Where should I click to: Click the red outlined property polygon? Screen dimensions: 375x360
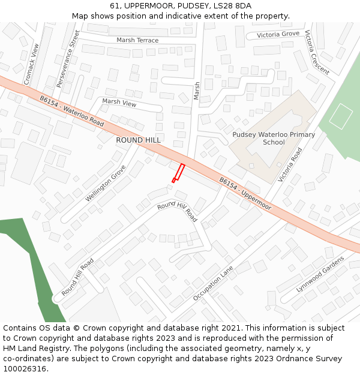[178, 172]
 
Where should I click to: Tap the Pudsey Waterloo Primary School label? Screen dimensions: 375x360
[274, 139]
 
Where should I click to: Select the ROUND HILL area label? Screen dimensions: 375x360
[139, 140]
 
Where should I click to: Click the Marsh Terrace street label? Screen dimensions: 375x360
[137, 40]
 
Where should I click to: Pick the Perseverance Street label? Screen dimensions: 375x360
[67, 56]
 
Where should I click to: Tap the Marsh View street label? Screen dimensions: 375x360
[119, 103]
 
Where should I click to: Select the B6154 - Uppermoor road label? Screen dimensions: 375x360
[245, 193]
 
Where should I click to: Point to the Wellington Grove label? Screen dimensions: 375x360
[106, 183]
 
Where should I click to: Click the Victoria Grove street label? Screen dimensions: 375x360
[278, 35]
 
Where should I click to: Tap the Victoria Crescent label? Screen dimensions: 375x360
[317, 53]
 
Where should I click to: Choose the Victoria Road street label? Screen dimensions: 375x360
[290, 166]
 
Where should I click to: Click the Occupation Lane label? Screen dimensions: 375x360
[213, 284]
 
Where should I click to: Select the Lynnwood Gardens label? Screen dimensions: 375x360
[320, 275]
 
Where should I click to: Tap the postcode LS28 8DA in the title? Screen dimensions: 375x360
[231, 6]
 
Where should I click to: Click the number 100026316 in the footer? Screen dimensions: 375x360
[25, 368]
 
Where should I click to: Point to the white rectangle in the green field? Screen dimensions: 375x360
[341, 116]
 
